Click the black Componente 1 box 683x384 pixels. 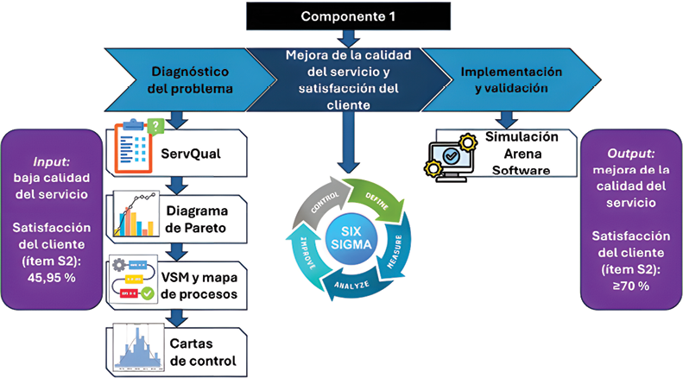point(346,16)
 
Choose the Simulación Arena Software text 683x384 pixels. point(522,153)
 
